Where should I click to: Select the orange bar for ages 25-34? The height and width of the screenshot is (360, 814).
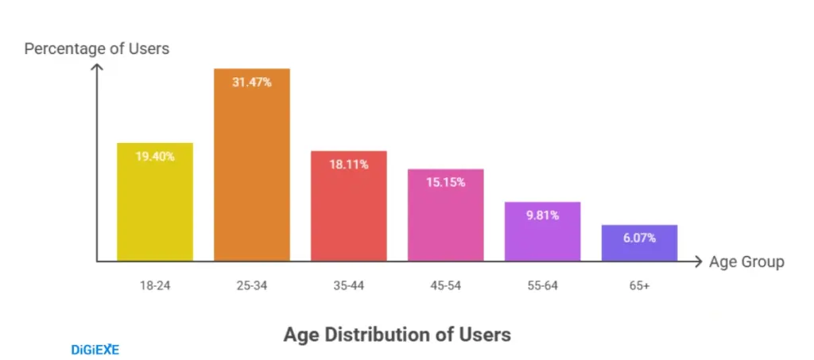(x=251, y=175)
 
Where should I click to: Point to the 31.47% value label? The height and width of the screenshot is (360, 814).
(x=251, y=82)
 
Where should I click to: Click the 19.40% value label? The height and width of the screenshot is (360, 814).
(x=154, y=157)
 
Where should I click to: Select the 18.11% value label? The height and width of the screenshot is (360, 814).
(x=348, y=164)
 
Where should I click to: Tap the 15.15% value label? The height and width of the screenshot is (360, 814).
(x=445, y=182)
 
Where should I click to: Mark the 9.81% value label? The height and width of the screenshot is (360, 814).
(x=542, y=215)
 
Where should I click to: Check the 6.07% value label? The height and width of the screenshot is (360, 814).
(x=639, y=238)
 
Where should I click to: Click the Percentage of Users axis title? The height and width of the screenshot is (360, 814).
(x=97, y=48)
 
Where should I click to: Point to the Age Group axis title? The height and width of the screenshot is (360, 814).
(x=746, y=261)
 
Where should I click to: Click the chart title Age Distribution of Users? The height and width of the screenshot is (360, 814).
(x=397, y=335)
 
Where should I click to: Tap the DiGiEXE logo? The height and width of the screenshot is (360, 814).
(x=95, y=349)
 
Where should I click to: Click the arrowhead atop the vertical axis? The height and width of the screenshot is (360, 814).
(x=97, y=68)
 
